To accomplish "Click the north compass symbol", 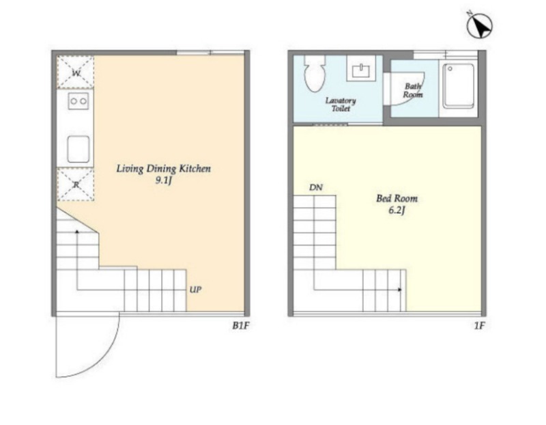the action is [x=479, y=25].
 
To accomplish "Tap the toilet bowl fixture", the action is [x=315, y=73].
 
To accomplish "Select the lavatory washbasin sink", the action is [x=361, y=71].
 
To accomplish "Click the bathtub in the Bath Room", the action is [x=458, y=86].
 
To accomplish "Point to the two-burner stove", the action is [x=78, y=101].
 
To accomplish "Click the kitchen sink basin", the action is [x=78, y=149].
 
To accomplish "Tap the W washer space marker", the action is [x=76, y=72].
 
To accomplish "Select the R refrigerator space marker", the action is [x=76, y=184].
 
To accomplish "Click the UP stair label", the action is [x=195, y=290].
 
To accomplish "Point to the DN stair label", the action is [x=316, y=188].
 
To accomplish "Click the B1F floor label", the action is [x=241, y=326].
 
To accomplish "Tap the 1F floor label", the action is [x=480, y=326].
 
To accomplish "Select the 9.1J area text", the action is [x=164, y=180].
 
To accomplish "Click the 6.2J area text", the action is [x=397, y=210].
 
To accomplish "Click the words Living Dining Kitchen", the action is [x=163, y=169].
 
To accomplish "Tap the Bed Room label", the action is [x=397, y=198].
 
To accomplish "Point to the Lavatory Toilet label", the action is [x=341, y=105].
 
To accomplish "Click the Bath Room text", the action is [x=413, y=90].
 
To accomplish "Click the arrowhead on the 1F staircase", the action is [x=400, y=290].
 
